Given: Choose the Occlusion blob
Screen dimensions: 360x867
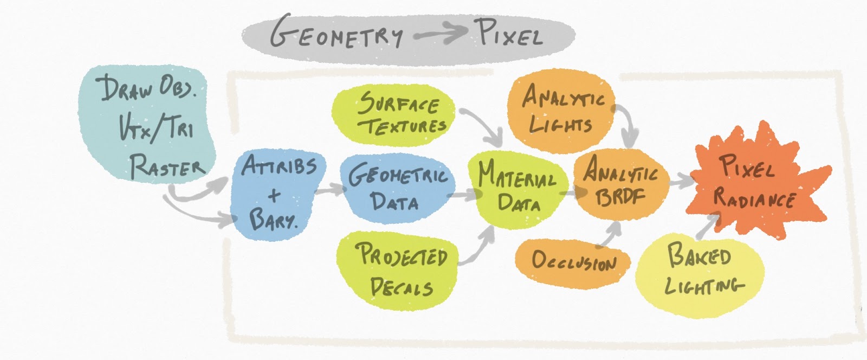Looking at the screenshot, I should pyautogui.click(x=573, y=262).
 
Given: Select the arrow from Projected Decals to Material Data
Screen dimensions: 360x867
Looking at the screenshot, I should pyautogui.click(x=480, y=247).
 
